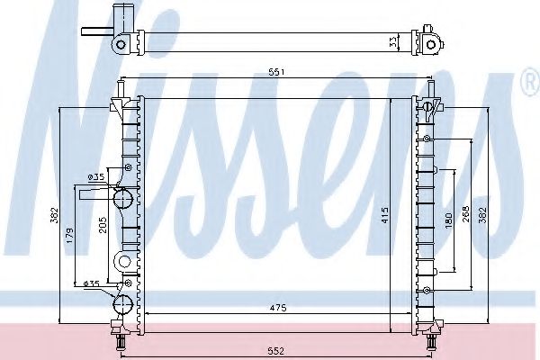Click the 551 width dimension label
(277, 72)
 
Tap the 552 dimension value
(276, 351)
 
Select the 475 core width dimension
(278, 308)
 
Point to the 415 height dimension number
(385, 214)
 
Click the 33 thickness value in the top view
(392, 42)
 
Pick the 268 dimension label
(465, 214)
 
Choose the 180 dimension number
(448, 220)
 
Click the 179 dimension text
(69, 236)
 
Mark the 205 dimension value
(103, 225)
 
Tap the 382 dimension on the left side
(54, 215)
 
